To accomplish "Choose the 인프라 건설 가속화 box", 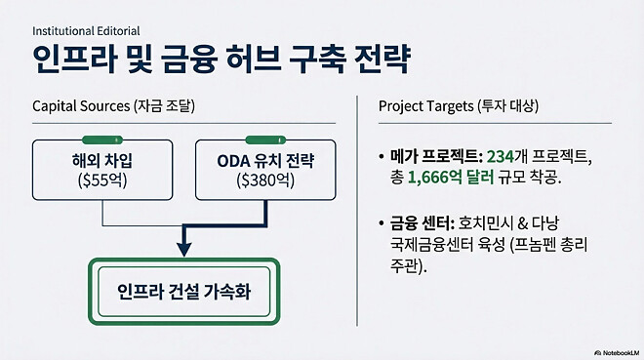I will [183, 291].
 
